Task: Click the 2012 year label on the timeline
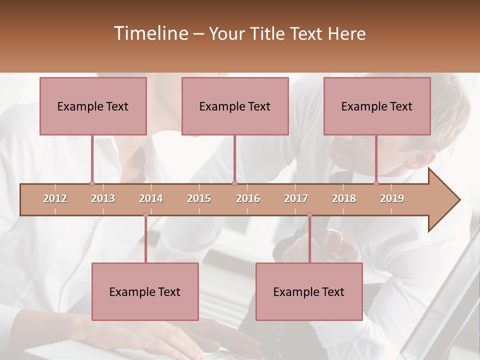pyautogui.click(x=55, y=198)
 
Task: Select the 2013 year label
pyautogui.click(x=103, y=198)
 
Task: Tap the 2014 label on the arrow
pyautogui.click(x=151, y=198)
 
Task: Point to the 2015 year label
pyautogui.click(x=199, y=198)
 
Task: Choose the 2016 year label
pyautogui.click(x=248, y=198)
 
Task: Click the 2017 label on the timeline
pyautogui.click(x=296, y=198)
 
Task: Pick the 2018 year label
pyautogui.click(x=344, y=198)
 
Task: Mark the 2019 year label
pyautogui.click(x=392, y=198)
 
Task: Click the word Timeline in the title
pyautogui.click(x=150, y=33)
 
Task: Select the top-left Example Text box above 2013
pyautogui.click(x=93, y=106)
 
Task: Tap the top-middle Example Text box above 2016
pyautogui.click(x=235, y=106)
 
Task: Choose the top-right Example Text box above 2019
pyautogui.click(x=377, y=106)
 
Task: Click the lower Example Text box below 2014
pyautogui.click(x=145, y=291)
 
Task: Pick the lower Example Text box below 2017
pyautogui.click(x=309, y=291)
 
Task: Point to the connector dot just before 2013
pyautogui.click(x=92, y=183)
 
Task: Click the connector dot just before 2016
pyautogui.click(x=234, y=183)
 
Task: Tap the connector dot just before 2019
pyautogui.click(x=376, y=183)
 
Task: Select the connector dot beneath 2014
pyautogui.click(x=145, y=215)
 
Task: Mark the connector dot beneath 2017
pyautogui.click(x=309, y=215)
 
